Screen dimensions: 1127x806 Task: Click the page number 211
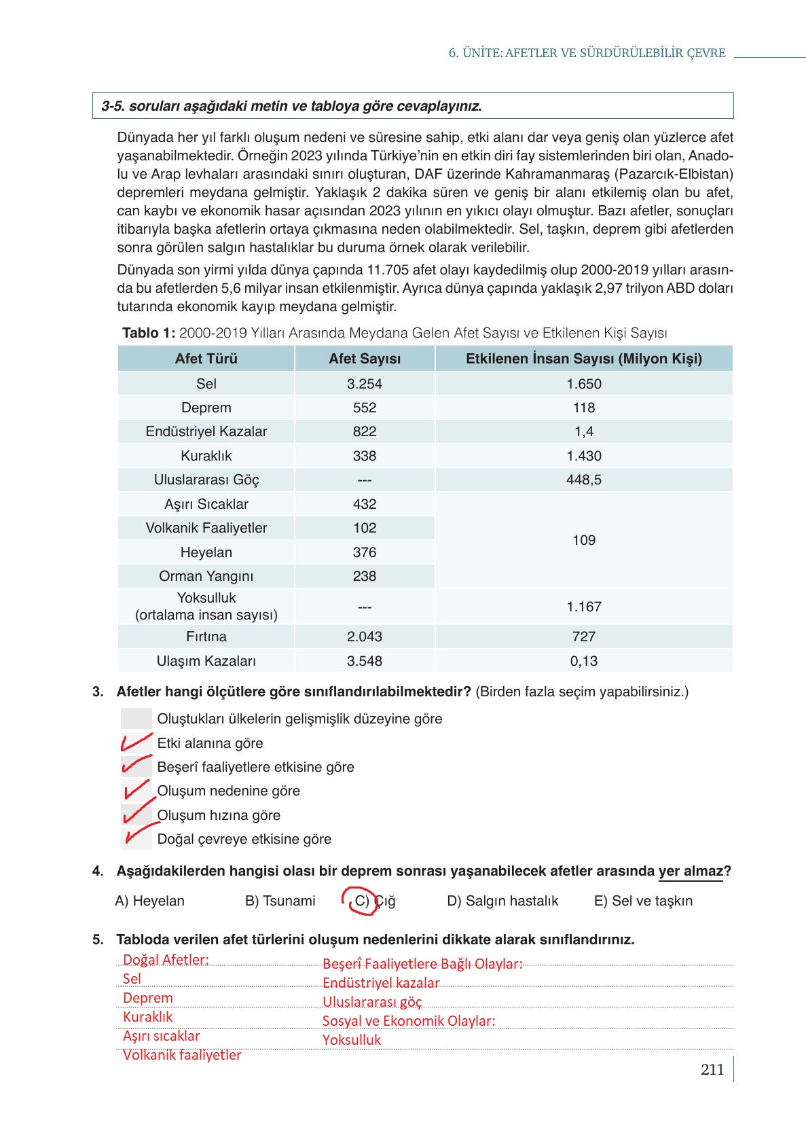[x=712, y=1070]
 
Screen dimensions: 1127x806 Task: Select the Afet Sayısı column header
[x=365, y=359]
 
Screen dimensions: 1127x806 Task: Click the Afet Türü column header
[x=206, y=359]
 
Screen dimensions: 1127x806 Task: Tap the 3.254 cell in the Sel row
[x=365, y=384]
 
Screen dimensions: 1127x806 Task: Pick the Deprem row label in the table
[x=206, y=408]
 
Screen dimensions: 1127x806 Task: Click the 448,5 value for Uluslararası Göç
[x=584, y=480]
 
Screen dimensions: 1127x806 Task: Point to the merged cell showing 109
[x=584, y=540]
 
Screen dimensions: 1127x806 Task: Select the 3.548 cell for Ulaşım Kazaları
[x=365, y=661]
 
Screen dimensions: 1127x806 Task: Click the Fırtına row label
[x=206, y=637]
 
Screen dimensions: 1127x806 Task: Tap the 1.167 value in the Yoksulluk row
[x=584, y=607]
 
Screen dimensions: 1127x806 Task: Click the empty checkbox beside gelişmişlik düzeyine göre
[x=136, y=719]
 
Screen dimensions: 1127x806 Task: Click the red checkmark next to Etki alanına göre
[x=136, y=742]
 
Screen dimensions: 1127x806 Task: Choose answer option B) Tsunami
[x=280, y=901]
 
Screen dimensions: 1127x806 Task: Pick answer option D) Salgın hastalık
[x=502, y=901]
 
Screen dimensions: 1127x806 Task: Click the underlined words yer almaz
[x=691, y=872]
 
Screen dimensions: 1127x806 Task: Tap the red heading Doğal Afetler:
[x=166, y=960]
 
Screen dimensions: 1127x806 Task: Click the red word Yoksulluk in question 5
[x=352, y=1040]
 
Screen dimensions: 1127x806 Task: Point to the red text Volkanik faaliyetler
[x=182, y=1055]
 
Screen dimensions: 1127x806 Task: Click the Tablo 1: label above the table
[x=149, y=333]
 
